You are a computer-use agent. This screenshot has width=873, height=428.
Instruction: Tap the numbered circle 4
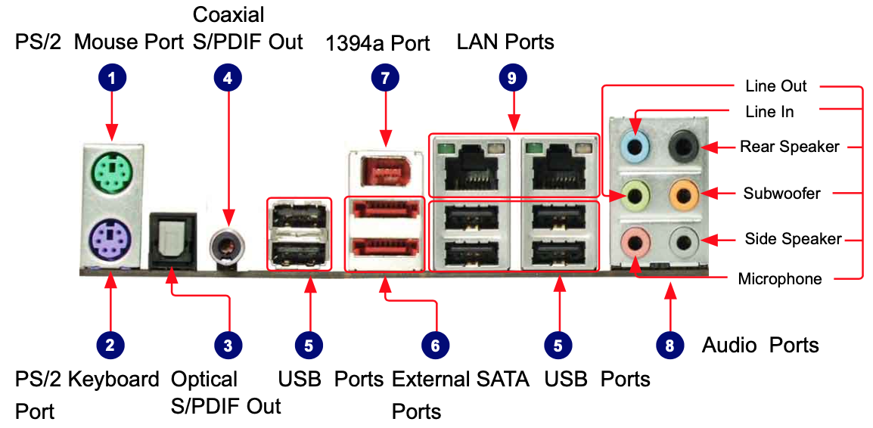[227, 76]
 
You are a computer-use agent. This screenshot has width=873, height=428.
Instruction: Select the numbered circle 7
[386, 76]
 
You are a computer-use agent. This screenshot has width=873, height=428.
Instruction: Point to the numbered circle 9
[513, 76]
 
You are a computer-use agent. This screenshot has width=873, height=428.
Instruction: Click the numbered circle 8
[670, 346]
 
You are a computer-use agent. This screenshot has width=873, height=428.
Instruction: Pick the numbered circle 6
[435, 346]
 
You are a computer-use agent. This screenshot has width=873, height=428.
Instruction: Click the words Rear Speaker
[790, 147]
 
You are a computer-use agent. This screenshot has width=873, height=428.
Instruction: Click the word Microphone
[779, 279]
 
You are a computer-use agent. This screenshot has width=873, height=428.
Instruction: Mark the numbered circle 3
[227, 346]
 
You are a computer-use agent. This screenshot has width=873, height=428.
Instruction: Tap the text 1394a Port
[377, 43]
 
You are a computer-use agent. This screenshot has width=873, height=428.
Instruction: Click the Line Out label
[775, 86]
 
